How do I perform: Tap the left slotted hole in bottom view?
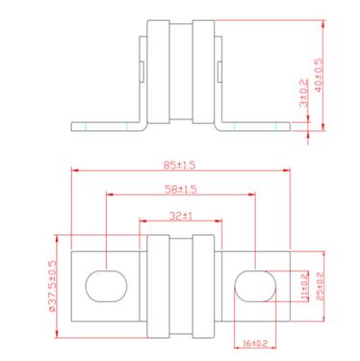pos(107,284)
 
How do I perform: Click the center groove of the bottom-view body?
pos(180,284)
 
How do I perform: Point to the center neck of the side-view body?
pos(180,72)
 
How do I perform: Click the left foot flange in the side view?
pos(106,125)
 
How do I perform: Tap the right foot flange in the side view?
pos(255,125)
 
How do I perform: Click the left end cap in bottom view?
pos(156,284)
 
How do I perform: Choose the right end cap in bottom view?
pos(204,284)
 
